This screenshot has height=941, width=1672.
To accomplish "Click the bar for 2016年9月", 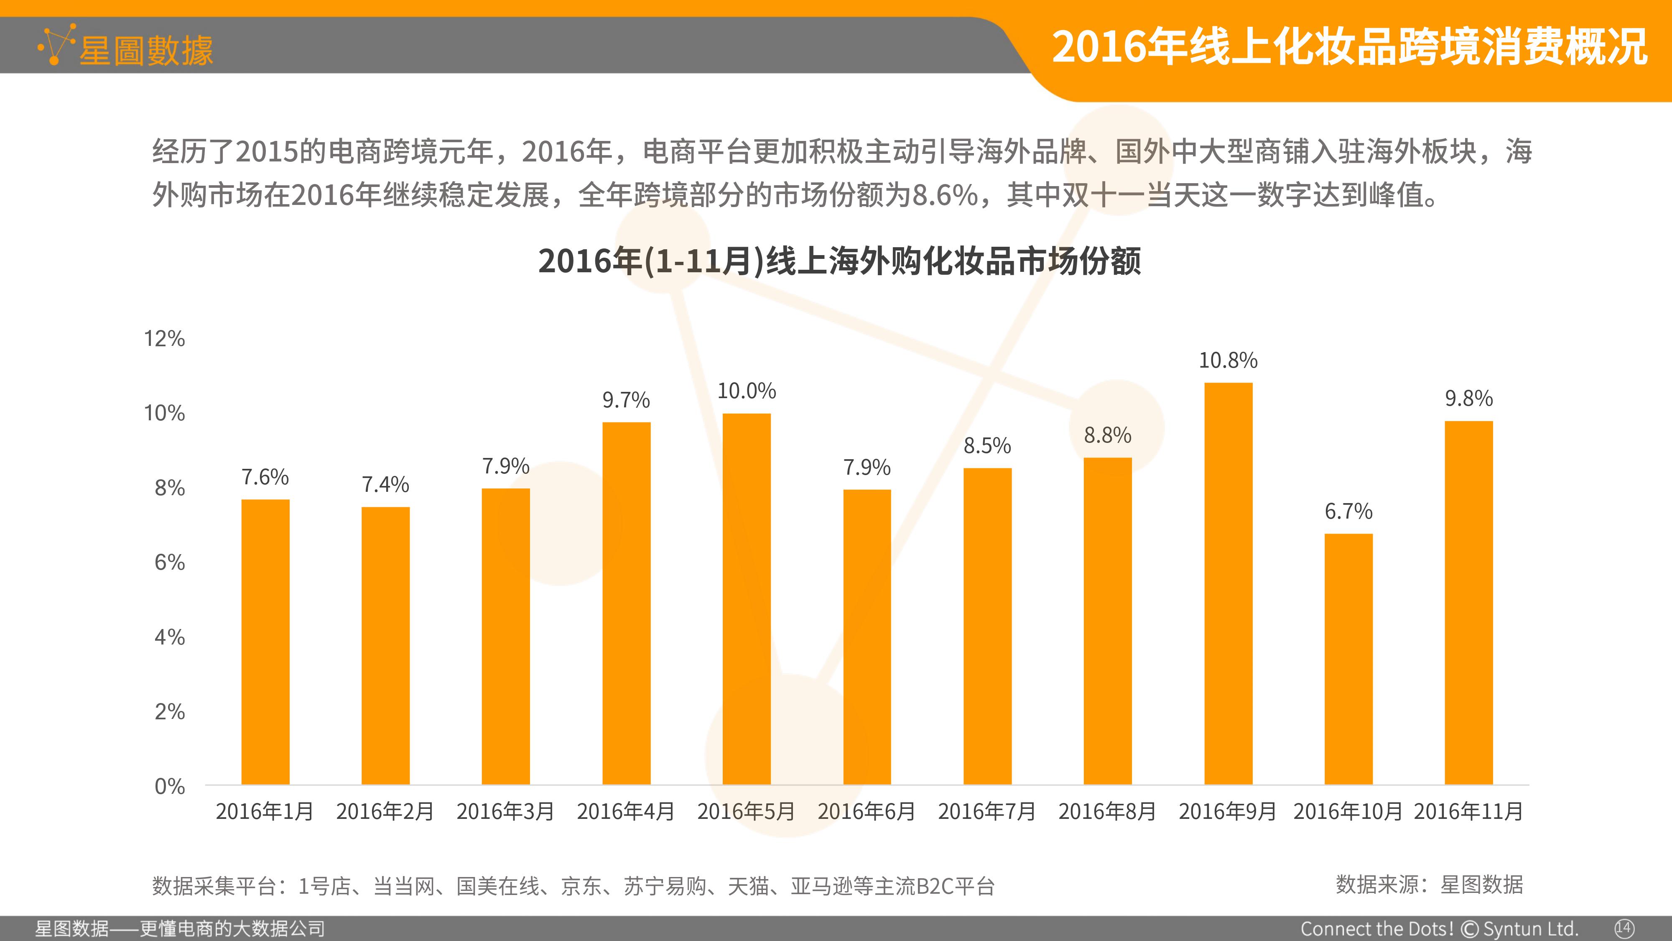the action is point(1228,584).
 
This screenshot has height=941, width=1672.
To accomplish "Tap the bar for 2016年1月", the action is point(265,642).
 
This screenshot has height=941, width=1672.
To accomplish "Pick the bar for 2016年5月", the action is point(747,599).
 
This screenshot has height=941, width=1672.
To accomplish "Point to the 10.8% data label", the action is point(1228,361).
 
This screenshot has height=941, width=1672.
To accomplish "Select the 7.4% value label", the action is point(385,484).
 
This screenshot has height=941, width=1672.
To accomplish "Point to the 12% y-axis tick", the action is point(164,338).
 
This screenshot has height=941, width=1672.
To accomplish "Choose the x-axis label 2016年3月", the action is point(506,811).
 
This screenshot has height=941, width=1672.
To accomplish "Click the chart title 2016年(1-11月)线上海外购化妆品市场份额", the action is point(839,261).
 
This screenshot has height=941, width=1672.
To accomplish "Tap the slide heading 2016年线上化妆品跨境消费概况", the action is point(1349,47).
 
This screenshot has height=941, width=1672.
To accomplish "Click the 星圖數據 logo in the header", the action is point(125,47).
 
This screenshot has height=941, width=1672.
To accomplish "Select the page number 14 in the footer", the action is point(1624,928).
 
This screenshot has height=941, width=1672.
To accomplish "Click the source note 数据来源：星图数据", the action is point(1429,885).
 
